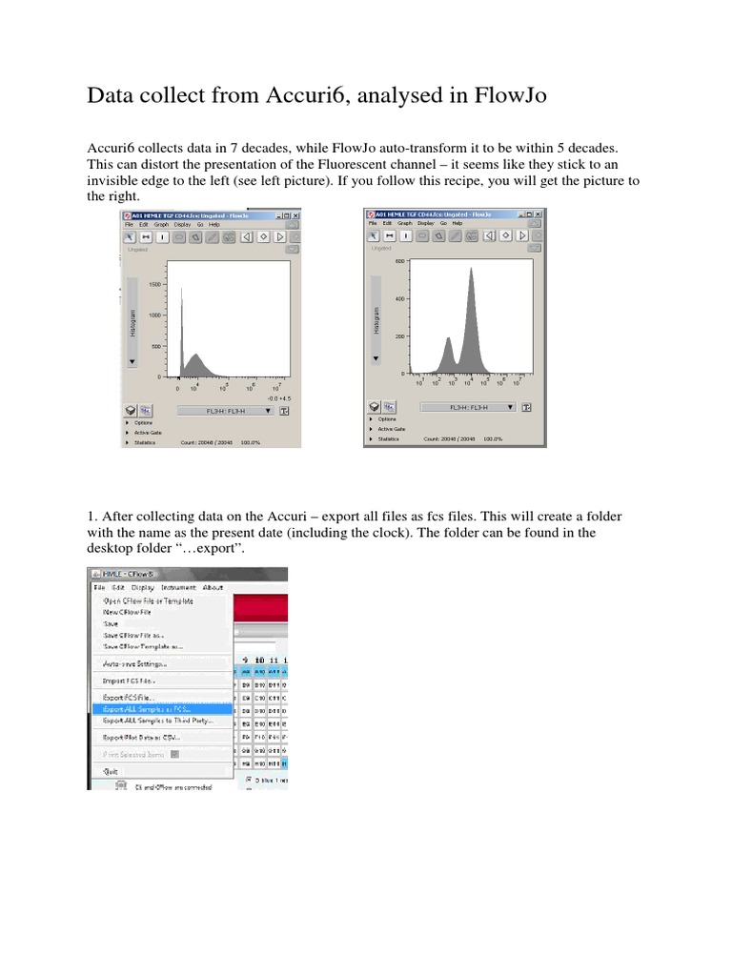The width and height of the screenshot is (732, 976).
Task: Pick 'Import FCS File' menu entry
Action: [129, 681]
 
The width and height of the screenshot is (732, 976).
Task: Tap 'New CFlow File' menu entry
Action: [127, 612]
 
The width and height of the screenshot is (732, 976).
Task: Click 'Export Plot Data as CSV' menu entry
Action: [141, 737]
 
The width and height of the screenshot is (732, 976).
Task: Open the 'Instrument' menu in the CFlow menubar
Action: [178, 588]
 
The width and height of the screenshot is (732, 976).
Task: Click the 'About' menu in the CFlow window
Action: [213, 588]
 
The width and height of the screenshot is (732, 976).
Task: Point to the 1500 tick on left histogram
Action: [153, 285]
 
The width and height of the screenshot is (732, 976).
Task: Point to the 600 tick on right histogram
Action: [400, 260]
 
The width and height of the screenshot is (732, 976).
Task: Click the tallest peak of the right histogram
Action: [471, 271]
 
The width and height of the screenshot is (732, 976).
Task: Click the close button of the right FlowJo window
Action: [537, 214]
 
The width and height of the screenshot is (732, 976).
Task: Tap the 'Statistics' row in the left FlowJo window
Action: [145, 441]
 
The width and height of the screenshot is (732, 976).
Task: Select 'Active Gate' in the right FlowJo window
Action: [391, 429]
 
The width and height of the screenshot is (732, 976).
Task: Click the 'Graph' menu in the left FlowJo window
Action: [164, 225]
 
